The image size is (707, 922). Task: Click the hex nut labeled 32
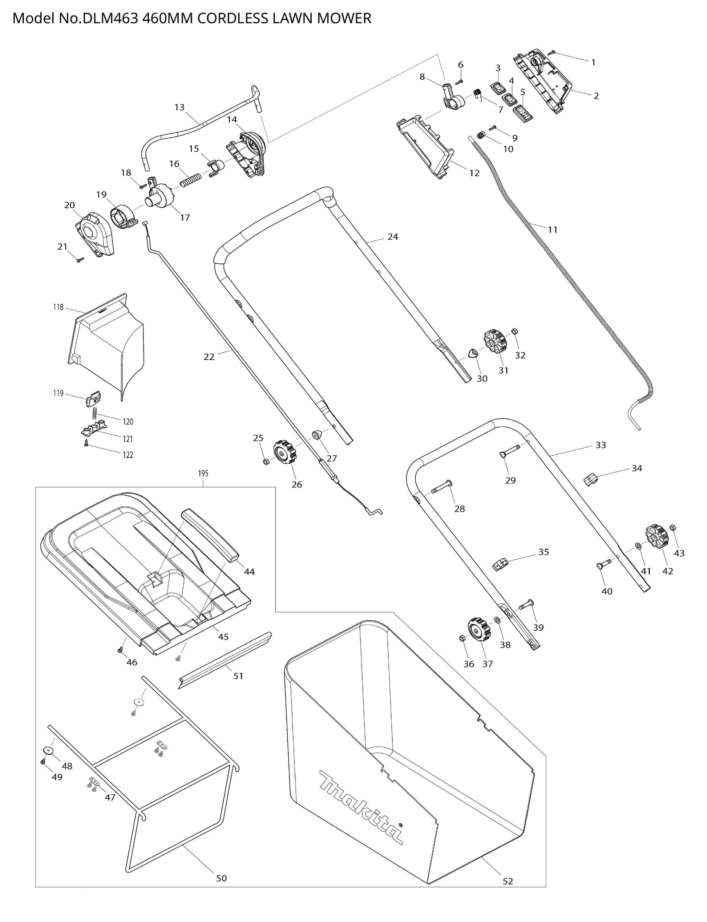pyautogui.click(x=514, y=331)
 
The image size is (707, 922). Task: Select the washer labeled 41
pyautogui.click(x=638, y=546)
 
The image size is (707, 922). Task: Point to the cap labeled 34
pyautogui.click(x=590, y=479)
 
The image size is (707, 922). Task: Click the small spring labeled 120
pyautogui.click(x=96, y=413)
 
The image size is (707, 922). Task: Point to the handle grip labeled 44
pyautogui.click(x=211, y=535)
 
